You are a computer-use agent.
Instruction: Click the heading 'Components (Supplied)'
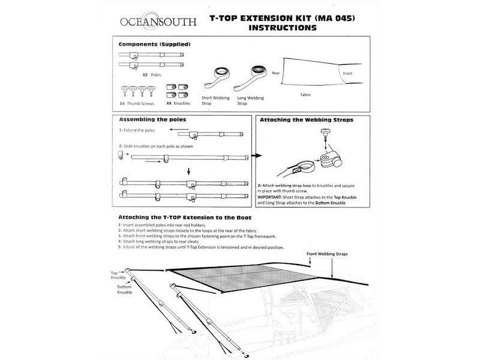154,44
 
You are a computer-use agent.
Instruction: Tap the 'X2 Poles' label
152,76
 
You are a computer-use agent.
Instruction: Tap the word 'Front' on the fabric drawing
347,73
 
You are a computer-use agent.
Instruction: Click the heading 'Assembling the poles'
152,119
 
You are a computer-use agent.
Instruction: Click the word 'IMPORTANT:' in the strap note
272,196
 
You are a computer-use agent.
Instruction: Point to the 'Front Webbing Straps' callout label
328,254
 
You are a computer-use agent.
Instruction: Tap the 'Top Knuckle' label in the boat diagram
118,275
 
